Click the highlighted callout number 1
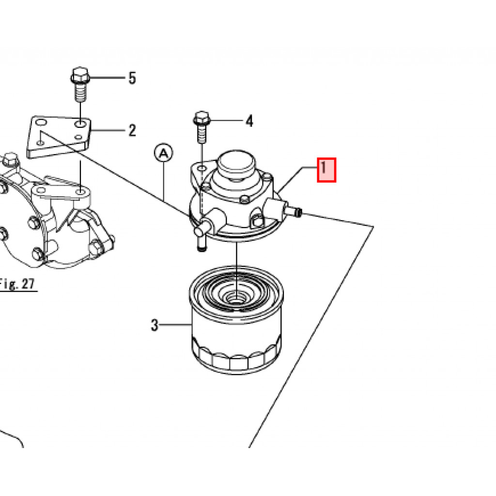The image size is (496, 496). [x=326, y=170]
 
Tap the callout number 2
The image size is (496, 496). [x=132, y=130]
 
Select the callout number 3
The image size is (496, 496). [x=155, y=325]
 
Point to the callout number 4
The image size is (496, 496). [x=249, y=121]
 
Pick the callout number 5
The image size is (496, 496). [x=132, y=78]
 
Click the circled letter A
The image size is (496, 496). [x=164, y=154]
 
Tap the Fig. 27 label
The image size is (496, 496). [x=17, y=284]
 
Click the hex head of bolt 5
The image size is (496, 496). [x=80, y=76]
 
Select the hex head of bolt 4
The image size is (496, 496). [x=202, y=118]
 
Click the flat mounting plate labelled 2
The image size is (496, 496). [x=59, y=137]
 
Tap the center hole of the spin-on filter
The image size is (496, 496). [x=236, y=297]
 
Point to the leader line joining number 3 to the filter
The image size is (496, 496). [x=175, y=325]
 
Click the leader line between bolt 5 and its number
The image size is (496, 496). [x=108, y=77]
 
